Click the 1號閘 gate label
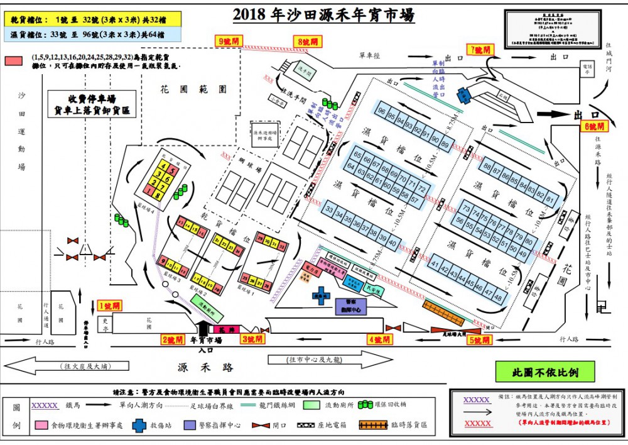109,305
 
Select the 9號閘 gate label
230,41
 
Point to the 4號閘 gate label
379,340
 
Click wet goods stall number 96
382,111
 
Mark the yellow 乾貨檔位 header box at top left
90,20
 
